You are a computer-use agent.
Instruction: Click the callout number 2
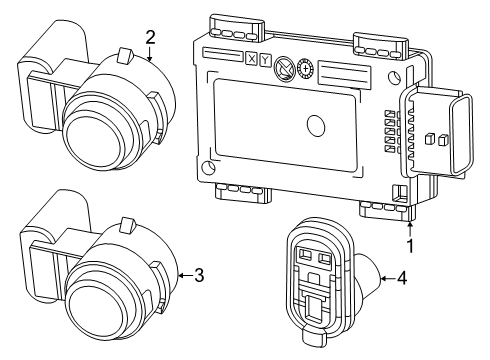pos(150,37)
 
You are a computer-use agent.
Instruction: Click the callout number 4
pos(401,277)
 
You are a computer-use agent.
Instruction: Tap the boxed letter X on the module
pos(251,58)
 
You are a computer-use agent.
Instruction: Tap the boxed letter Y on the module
pos(265,59)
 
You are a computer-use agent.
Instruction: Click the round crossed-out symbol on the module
pos(283,66)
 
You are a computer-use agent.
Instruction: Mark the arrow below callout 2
pos(150,55)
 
